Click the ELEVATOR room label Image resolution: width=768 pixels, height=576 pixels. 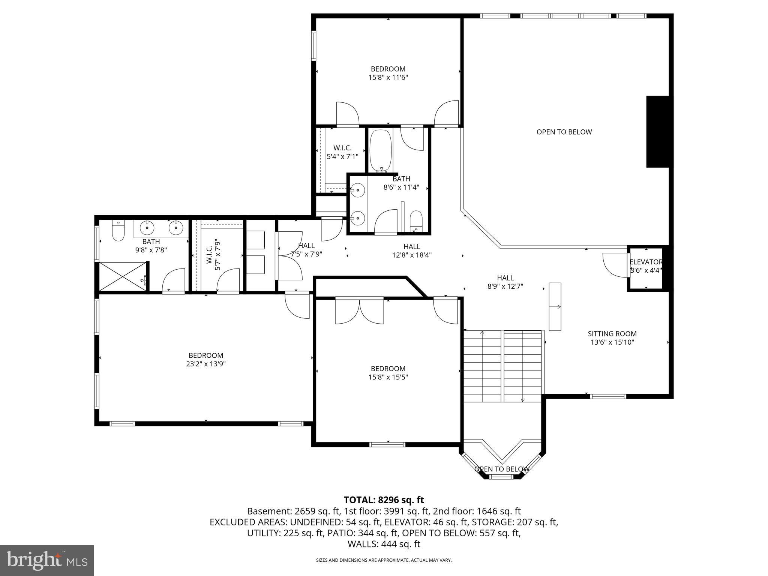pos(646,262)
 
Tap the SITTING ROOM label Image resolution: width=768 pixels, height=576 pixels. pos(612,334)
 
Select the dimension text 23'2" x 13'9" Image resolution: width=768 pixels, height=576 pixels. pos(206,364)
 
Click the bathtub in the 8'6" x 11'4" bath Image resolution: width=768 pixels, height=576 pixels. pos(381,150)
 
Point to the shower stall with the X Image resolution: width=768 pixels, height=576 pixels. pos(122,276)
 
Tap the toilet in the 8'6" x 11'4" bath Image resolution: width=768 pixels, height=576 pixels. pos(416,221)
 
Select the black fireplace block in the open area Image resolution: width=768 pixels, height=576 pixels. pos(657,132)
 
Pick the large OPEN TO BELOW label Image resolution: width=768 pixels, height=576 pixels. pos(564,132)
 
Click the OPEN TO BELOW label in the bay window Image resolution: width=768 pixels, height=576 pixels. pos(501,469)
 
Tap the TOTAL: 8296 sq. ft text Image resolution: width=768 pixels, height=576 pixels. pos(384,500)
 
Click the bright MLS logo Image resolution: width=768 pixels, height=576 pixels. pos(47,560)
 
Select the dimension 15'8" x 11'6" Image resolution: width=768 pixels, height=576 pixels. pos(388,78)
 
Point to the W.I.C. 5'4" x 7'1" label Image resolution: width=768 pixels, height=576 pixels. pos(342,152)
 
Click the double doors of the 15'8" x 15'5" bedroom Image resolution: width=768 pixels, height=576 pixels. pos(359,310)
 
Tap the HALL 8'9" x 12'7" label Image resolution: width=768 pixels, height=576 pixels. pos(505,282)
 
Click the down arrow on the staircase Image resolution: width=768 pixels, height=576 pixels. pos(522,399)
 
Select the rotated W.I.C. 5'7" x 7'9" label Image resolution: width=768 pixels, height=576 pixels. pos(213,255)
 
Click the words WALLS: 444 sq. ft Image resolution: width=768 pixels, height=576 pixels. pos(384,544)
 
